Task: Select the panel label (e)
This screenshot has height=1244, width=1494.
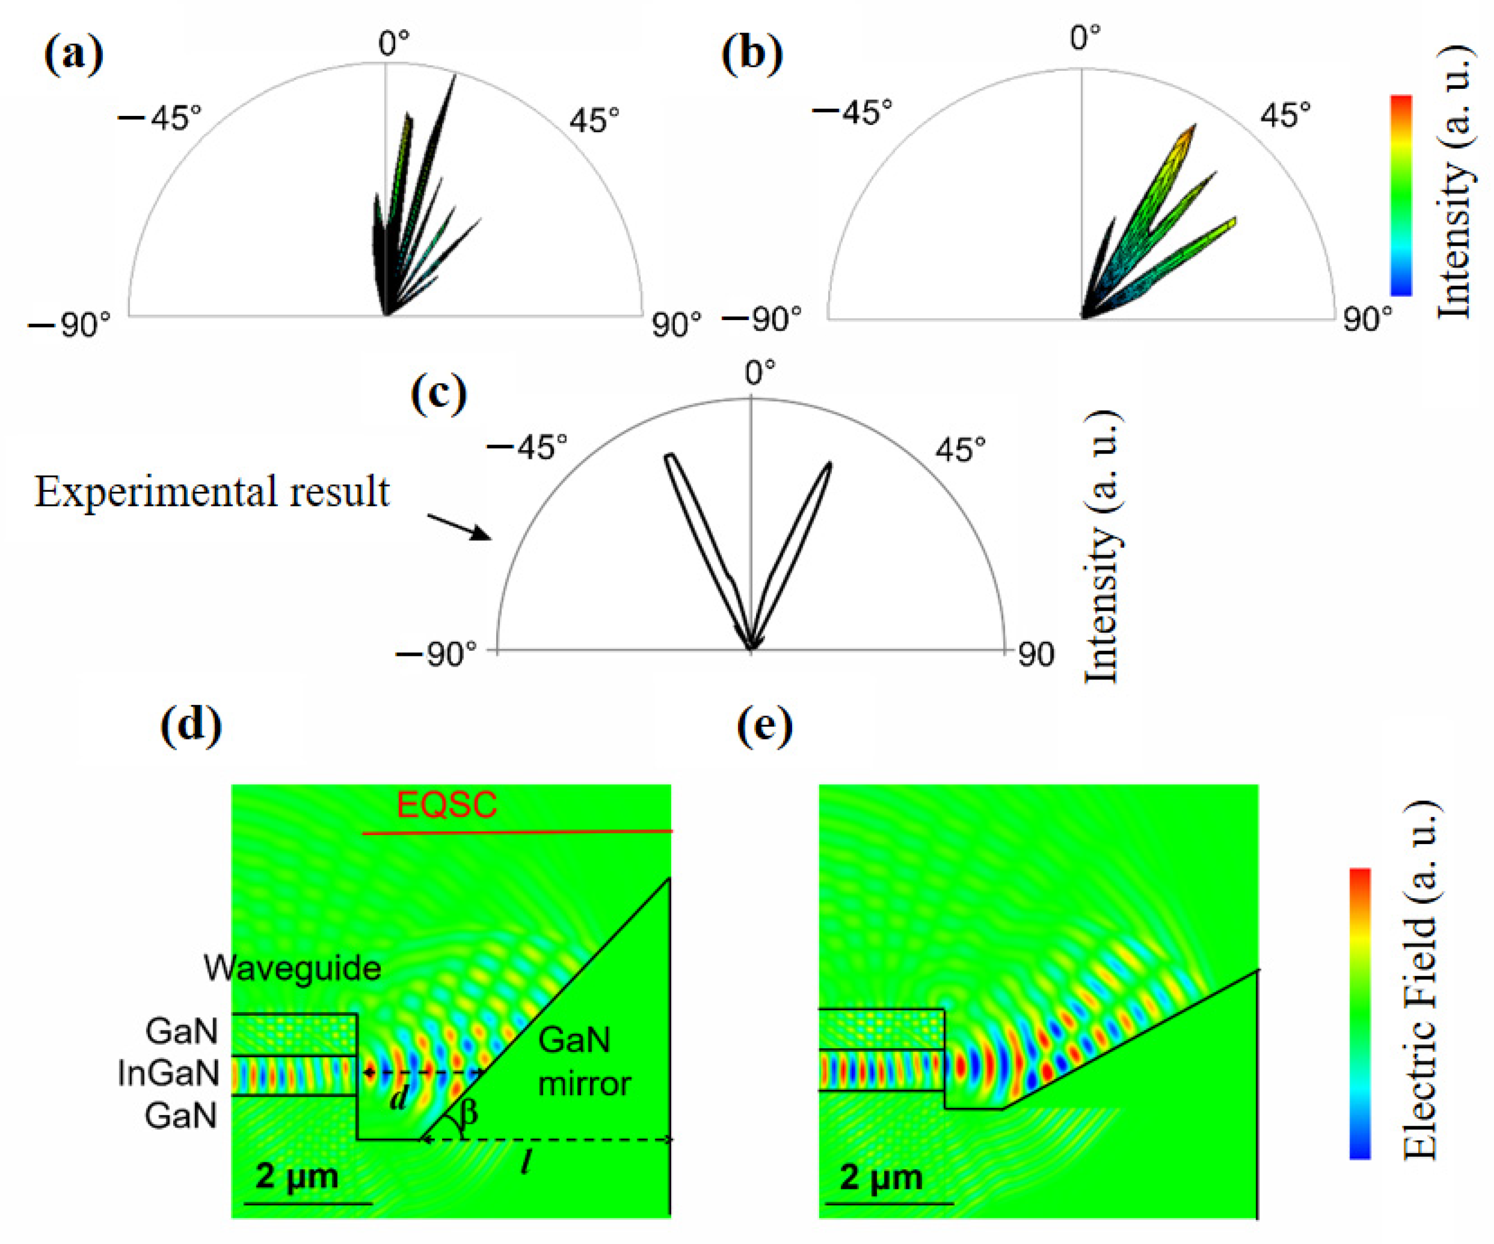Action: [x=765, y=727]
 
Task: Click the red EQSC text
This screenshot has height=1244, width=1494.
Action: [x=446, y=805]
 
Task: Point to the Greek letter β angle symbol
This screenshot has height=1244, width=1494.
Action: [x=468, y=1111]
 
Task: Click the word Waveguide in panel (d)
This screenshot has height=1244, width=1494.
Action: [x=292, y=968]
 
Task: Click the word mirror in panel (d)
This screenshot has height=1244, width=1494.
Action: [x=584, y=1084]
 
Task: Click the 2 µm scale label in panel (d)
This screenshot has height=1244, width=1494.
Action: [x=296, y=1176]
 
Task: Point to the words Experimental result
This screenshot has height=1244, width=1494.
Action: [x=212, y=492]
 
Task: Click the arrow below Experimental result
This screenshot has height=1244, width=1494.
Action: [x=460, y=527]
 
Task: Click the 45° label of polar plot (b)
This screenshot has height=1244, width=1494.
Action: [x=1285, y=114]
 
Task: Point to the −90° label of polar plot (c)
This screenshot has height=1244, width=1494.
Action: [x=436, y=654]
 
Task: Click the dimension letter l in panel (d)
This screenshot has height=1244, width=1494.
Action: [x=526, y=1162]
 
